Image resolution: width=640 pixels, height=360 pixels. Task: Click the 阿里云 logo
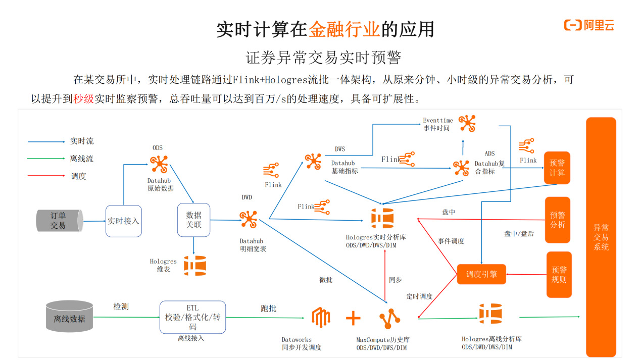click(589, 26)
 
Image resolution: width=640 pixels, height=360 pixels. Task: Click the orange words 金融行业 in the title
click(344, 29)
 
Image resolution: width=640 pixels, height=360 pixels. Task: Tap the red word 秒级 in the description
click(83, 99)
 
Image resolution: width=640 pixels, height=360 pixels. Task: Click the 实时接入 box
click(123, 221)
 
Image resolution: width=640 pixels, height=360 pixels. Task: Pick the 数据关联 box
click(193, 220)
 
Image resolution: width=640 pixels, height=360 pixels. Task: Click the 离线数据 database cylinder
click(70, 317)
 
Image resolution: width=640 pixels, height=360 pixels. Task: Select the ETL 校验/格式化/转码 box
click(192, 317)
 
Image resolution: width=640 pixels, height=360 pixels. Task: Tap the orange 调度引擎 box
click(481, 274)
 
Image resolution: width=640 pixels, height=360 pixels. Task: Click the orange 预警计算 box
click(557, 168)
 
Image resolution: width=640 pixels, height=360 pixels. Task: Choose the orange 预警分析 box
click(557, 220)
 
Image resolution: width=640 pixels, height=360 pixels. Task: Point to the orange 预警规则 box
click(559, 274)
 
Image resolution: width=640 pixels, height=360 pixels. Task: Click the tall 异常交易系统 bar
click(601, 237)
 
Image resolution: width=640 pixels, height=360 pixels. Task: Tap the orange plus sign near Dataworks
click(353, 318)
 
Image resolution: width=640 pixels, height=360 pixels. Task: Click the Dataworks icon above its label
click(321, 318)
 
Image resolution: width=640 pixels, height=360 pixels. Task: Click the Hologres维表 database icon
click(194, 266)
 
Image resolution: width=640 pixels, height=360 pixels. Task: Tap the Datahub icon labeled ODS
click(159, 164)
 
